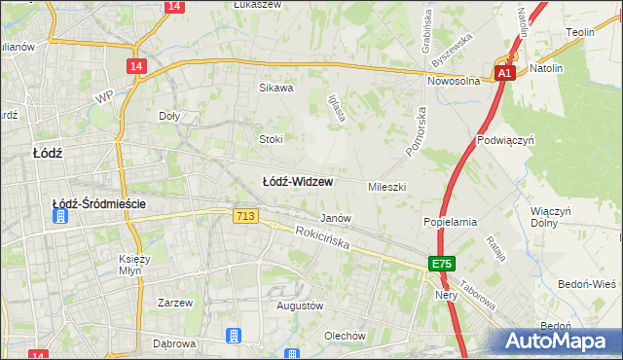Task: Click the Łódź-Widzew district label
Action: tap(299, 182)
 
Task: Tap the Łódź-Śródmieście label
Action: tap(99, 203)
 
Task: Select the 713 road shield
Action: tap(245, 216)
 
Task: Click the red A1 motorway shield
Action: tap(503, 73)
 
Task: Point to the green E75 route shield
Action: tap(443, 264)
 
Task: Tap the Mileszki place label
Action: tap(386, 186)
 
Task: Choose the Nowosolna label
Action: tap(455, 82)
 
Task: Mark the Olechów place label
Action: tap(346, 336)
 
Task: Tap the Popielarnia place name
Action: tap(450, 222)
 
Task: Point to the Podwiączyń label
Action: tap(507, 140)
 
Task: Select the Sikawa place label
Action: tap(275, 88)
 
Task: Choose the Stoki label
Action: tap(271, 139)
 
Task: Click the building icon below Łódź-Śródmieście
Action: tap(61, 219)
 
